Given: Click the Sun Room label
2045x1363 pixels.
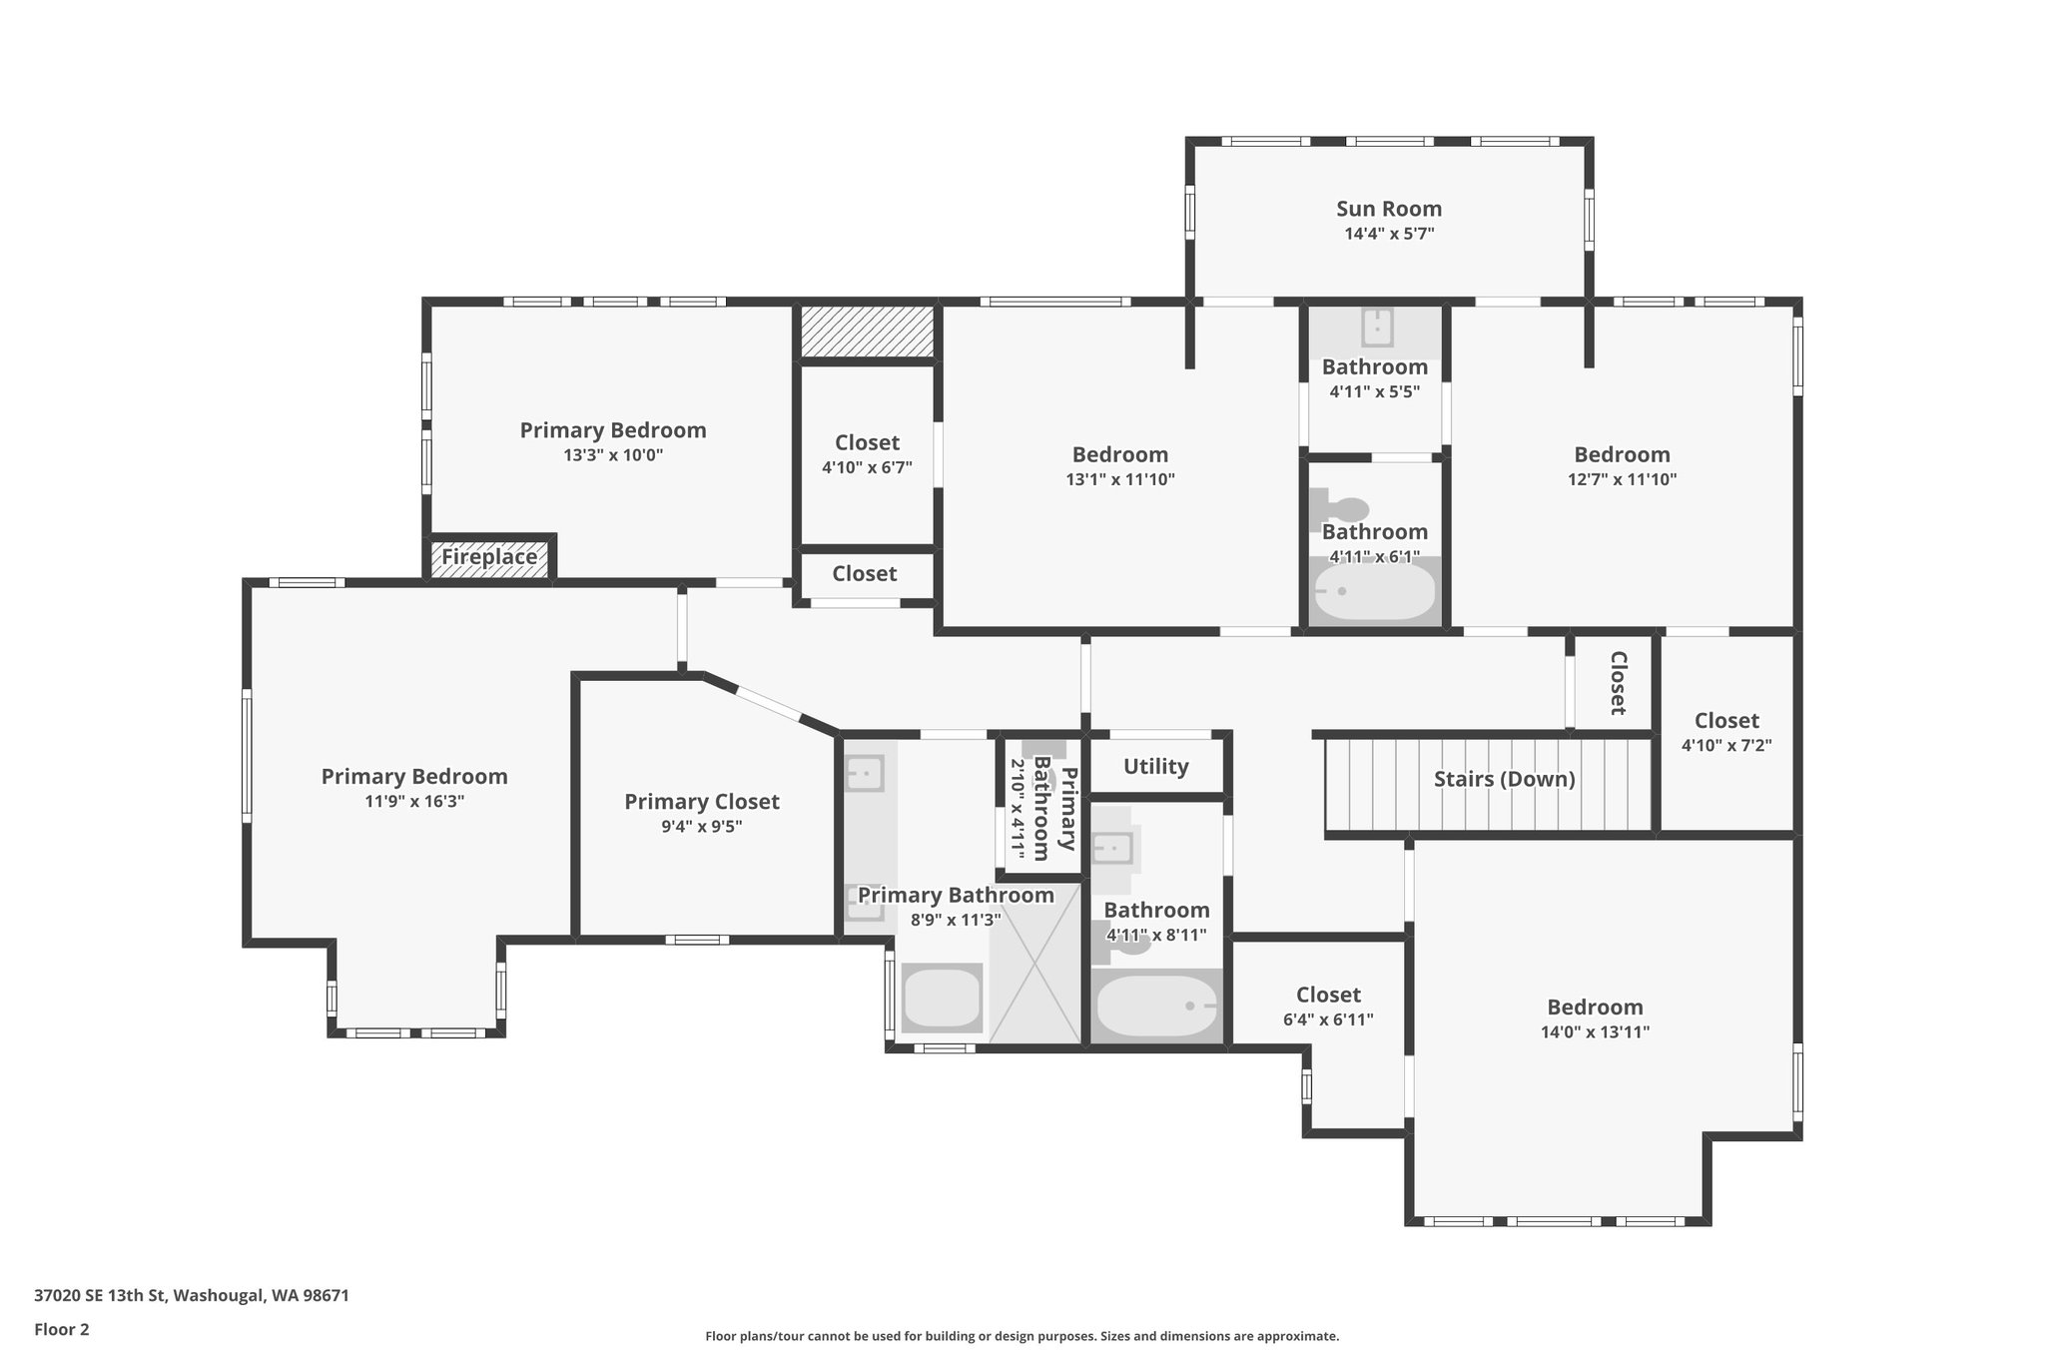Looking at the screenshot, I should click(1388, 209).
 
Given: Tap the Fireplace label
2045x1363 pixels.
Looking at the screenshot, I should click(489, 557).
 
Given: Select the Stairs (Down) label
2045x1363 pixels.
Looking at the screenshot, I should click(1504, 779).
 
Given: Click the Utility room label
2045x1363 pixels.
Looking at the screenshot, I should click(1155, 766).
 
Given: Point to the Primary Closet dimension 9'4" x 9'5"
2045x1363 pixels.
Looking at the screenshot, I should click(701, 827).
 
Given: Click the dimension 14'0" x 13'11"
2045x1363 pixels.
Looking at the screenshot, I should click(1595, 1032).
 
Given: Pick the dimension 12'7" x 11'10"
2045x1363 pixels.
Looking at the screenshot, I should click(1622, 479).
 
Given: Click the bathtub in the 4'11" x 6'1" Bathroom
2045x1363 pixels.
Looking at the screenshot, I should click(1375, 593).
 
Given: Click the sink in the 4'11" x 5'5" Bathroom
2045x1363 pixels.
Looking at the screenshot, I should click(1377, 328).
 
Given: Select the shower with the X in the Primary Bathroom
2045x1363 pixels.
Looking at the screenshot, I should click(1035, 963).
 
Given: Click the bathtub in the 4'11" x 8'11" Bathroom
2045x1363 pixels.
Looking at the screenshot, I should click(1156, 1007).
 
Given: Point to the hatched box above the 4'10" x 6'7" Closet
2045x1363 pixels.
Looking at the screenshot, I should click(867, 332).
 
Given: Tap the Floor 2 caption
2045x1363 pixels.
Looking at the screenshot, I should click(62, 1329).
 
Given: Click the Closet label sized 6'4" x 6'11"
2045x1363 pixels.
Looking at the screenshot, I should click(1328, 995).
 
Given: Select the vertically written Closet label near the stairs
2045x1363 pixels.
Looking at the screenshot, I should click(1618, 683).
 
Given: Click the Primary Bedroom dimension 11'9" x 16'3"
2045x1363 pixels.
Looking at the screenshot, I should click(414, 801).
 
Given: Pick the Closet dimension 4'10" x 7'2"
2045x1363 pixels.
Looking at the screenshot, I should click(1726, 745).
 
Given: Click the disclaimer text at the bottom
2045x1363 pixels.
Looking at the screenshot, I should click(1022, 1336).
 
